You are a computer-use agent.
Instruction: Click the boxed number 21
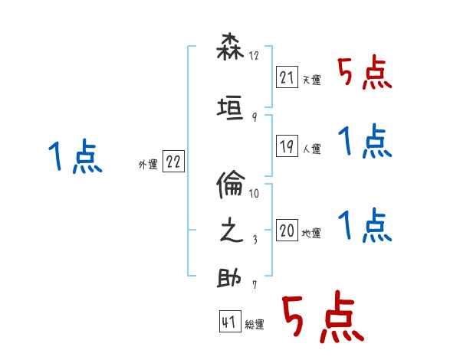pyautogui.click(x=286, y=77)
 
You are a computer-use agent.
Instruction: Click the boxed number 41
pyautogui.click(x=229, y=322)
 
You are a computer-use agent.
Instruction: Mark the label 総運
pyautogui.click(x=255, y=325)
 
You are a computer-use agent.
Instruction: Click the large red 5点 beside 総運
pyautogui.click(x=322, y=319)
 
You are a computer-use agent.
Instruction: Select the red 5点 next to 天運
pyautogui.click(x=364, y=74)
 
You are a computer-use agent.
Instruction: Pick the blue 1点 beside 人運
pyautogui.click(x=364, y=142)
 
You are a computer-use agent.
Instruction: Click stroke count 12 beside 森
pyautogui.click(x=255, y=56)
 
